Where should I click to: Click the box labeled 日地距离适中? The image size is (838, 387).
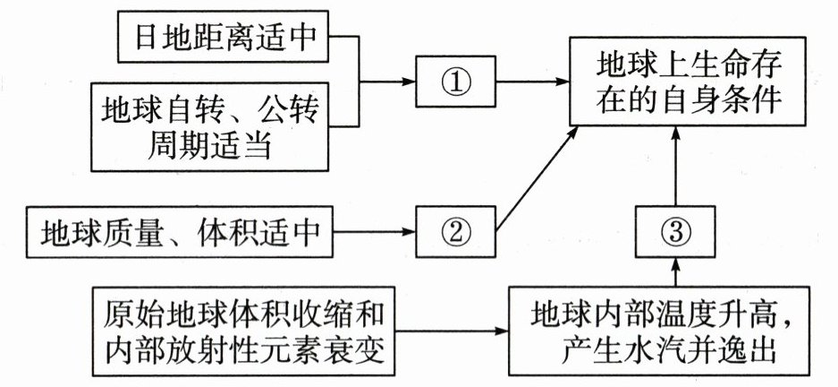tap(227, 38)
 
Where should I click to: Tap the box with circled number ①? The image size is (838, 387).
tap(456, 82)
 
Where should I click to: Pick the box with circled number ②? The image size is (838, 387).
tap(455, 232)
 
